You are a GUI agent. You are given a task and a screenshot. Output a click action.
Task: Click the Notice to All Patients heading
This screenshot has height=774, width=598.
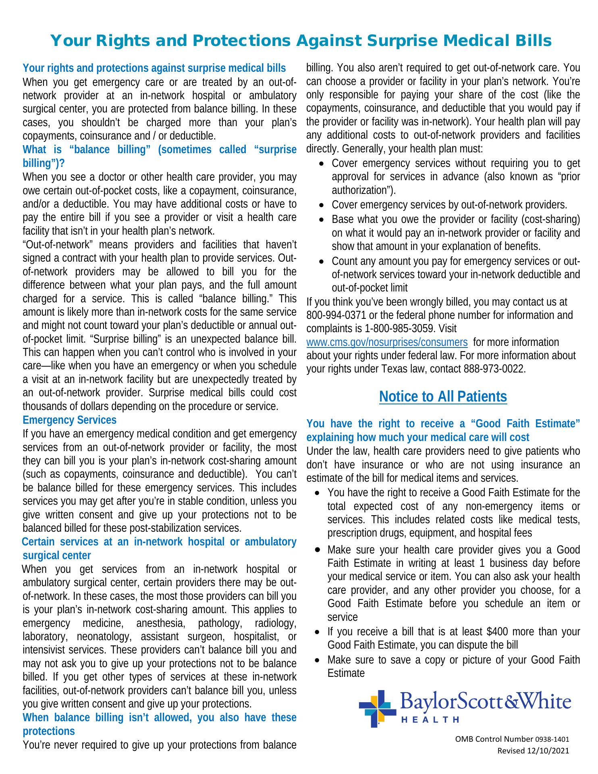(443, 397)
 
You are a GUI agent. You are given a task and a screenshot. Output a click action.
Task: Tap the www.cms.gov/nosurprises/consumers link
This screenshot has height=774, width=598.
(387, 342)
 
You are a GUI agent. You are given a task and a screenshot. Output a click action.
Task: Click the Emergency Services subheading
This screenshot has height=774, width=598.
(69, 420)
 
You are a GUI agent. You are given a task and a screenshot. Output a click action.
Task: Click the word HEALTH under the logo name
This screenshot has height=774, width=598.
(430, 720)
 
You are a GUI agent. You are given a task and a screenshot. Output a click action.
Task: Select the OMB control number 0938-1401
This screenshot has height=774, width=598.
(552, 739)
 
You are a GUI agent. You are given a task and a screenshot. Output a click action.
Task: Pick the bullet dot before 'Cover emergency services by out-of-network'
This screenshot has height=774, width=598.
(321, 206)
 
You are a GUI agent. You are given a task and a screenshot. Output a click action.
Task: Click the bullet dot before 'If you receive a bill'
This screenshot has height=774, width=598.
(318, 632)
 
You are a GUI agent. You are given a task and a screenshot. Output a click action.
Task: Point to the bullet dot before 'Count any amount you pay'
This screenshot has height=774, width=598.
(321, 262)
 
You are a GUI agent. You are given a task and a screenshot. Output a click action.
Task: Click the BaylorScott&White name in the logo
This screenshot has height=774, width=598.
(486, 702)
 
